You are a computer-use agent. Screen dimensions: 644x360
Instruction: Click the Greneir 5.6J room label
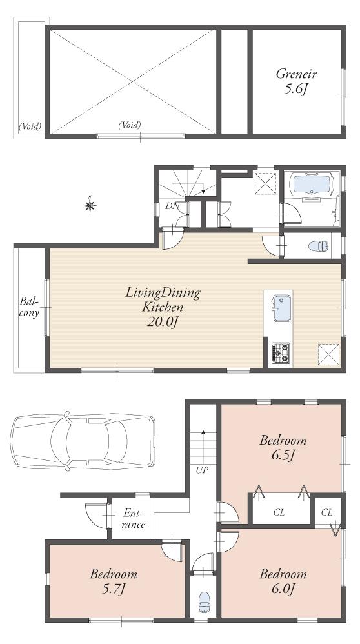pyautogui.click(x=294, y=81)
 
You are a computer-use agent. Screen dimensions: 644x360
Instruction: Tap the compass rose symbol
pyautogui.click(x=90, y=205)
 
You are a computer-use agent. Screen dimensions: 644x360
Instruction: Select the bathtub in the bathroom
pyautogui.click(x=312, y=186)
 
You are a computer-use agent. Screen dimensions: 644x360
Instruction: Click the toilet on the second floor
pyautogui.click(x=318, y=245)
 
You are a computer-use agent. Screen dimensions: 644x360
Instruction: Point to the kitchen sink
pyautogui.click(x=281, y=308)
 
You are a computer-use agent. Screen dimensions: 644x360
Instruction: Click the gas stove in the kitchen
pyautogui.click(x=281, y=352)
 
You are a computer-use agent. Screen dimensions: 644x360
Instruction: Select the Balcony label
pyautogui.click(x=29, y=307)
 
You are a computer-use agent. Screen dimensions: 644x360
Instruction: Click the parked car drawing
pyautogui.click(x=83, y=440)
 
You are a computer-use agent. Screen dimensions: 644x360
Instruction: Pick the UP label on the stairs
pyautogui.click(x=202, y=470)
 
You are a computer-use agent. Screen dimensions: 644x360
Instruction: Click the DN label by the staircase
pyautogui.click(x=171, y=206)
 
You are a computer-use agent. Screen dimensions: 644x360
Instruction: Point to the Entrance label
pyautogui.click(x=134, y=519)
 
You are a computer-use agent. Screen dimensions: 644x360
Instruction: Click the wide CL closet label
pyautogui.click(x=279, y=512)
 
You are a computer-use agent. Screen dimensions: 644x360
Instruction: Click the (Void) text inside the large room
pyautogui.click(x=130, y=125)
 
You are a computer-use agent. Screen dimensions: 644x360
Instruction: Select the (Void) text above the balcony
pyautogui.click(x=29, y=126)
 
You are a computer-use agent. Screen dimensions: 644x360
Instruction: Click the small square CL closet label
pyautogui.click(x=326, y=512)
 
